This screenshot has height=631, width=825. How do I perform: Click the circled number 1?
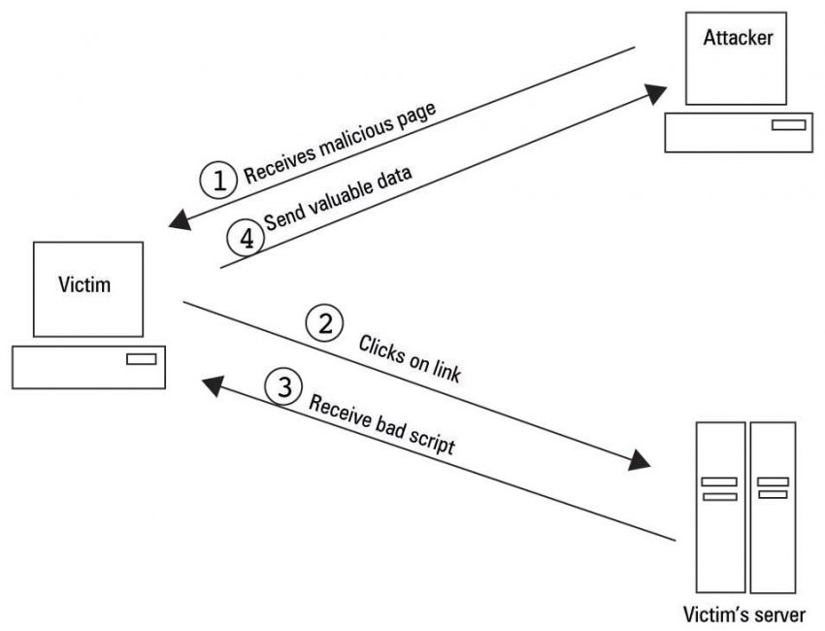pyautogui.click(x=219, y=180)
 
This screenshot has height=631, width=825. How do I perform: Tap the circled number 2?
pyautogui.click(x=324, y=324)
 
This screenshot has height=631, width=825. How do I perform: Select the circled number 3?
pyautogui.click(x=283, y=387)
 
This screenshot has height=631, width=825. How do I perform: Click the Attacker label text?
pyautogui.click(x=739, y=39)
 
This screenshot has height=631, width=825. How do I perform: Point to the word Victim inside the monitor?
pyautogui.click(x=83, y=284)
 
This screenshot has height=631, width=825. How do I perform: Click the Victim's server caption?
pyautogui.click(x=744, y=613)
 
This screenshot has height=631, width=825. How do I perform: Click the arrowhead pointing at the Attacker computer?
pyautogui.click(x=656, y=93)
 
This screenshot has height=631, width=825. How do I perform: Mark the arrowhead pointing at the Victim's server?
pyautogui.click(x=638, y=459)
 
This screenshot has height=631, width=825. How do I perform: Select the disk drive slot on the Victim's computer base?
pyautogui.click(x=141, y=360)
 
